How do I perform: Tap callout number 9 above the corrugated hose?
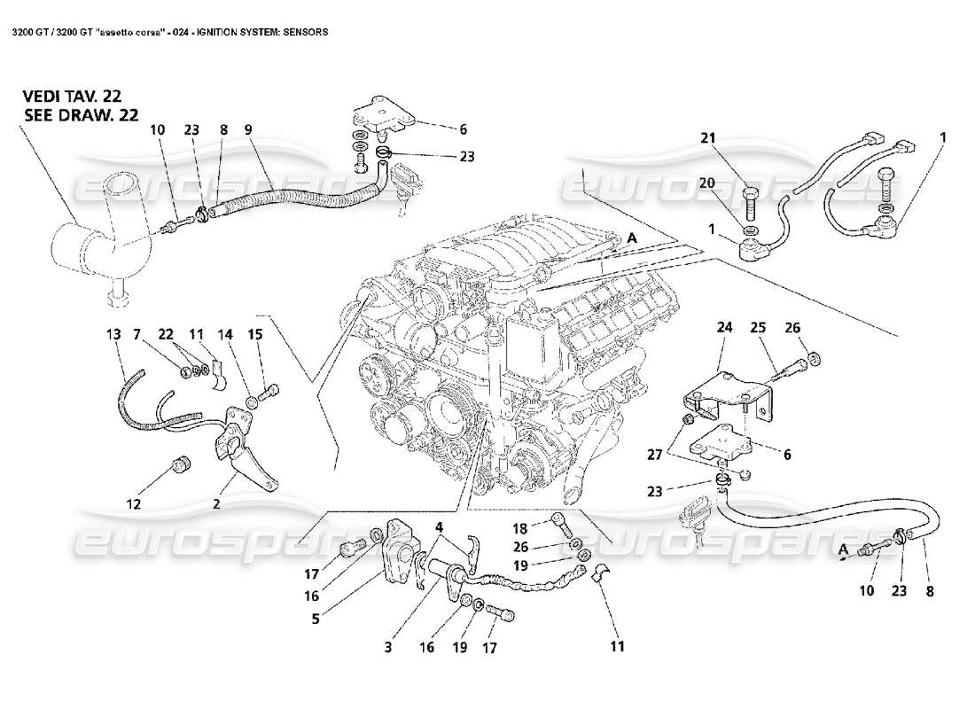tap(248, 129)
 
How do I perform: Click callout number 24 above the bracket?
tap(726, 327)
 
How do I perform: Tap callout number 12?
tap(133, 505)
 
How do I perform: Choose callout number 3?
tap(387, 648)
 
